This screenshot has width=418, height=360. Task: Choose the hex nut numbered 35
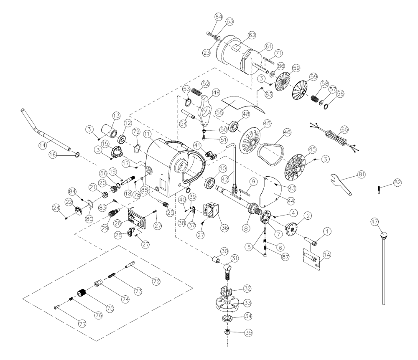point(228,332)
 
